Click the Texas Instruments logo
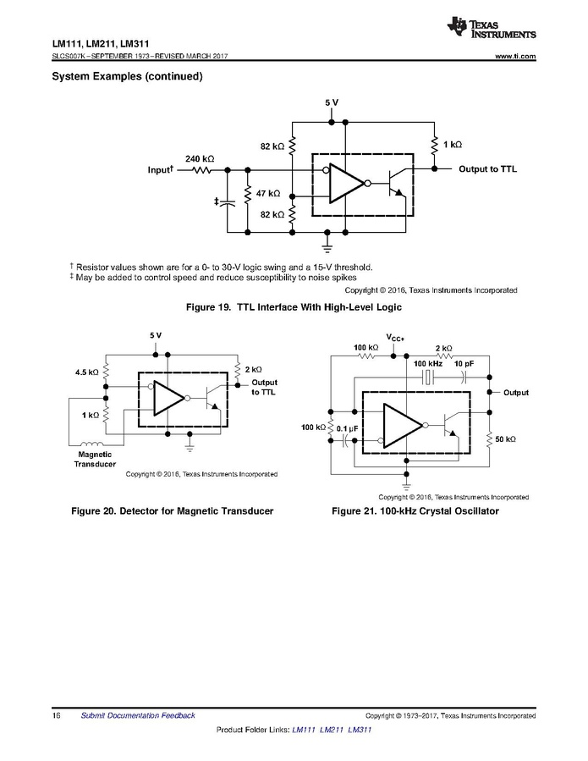coord(492,28)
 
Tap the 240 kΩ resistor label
coord(200,158)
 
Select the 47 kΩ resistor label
coord(268,193)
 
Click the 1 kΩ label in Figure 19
coord(453,145)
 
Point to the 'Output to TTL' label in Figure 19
coord(487,169)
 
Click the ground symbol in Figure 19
coord(327,247)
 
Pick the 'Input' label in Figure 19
coord(161,169)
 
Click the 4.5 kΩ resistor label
coord(86,372)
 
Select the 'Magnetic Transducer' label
coord(95,459)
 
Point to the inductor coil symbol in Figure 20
coord(91,443)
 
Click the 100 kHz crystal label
coord(428,363)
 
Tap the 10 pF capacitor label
coord(464,363)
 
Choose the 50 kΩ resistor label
coord(506,439)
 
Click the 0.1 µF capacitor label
coord(348,429)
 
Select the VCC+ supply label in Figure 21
coord(395,337)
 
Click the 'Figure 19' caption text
coord(294,307)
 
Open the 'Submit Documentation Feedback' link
coord(138,715)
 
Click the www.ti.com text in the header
coord(516,57)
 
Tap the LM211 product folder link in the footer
coord(332,730)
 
